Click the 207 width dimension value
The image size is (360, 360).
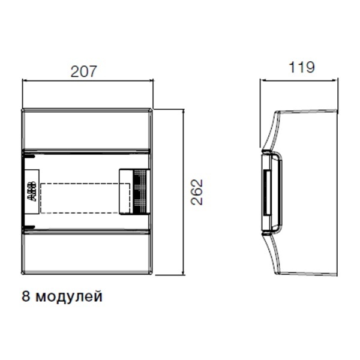point(84,71)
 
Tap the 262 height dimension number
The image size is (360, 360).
point(197,192)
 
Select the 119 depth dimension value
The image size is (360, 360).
point(301,67)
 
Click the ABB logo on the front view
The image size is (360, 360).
point(32,192)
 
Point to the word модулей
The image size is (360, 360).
point(69,296)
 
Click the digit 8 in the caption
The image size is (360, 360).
point(26,296)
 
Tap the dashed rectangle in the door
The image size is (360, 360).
point(85,199)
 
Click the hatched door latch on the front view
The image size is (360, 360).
point(140,192)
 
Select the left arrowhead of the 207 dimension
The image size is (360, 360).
point(25,80)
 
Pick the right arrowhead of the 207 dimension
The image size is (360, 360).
point(151,80)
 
